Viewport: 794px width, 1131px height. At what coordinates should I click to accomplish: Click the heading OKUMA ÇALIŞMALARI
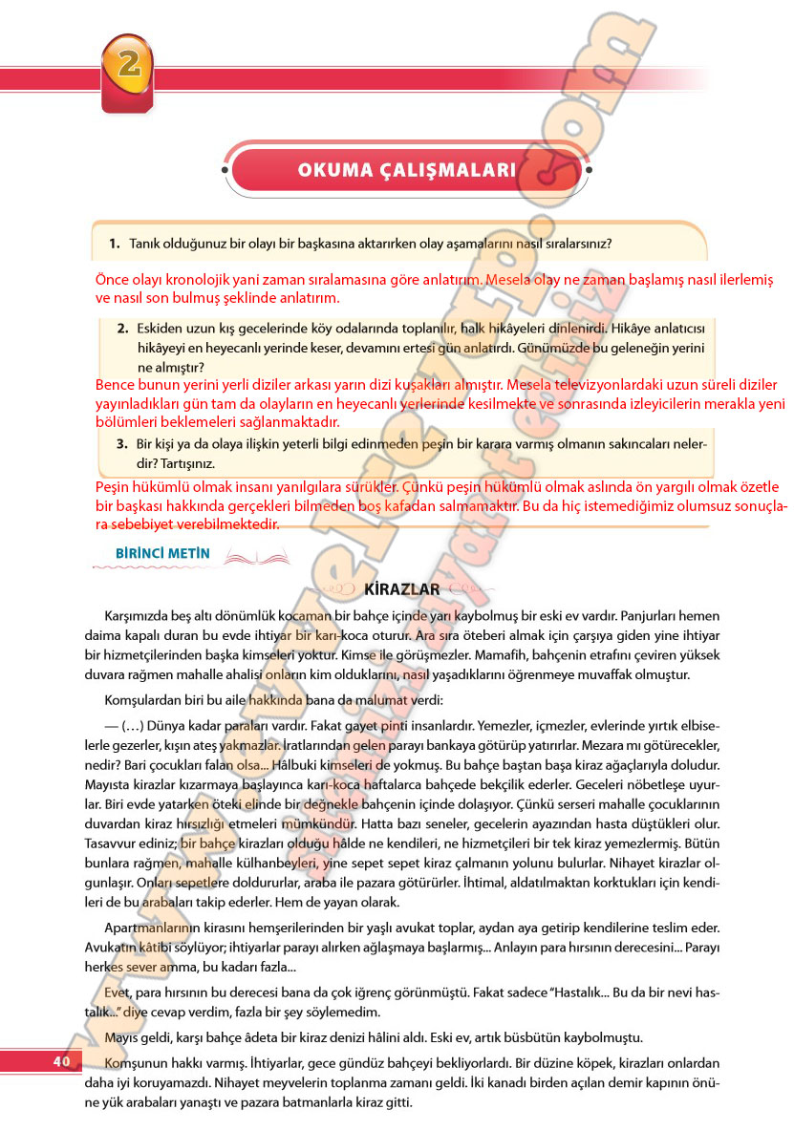[406, 170]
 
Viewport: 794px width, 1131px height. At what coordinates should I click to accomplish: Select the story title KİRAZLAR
[402, 589]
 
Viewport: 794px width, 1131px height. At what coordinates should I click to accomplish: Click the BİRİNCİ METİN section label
[156, 553]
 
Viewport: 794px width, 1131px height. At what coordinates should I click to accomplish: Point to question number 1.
[113, 244]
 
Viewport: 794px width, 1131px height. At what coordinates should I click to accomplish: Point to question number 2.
[122, 328]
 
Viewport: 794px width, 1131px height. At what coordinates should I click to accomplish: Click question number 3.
[122, 443]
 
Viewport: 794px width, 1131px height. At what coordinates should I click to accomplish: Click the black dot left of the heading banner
[226, 171]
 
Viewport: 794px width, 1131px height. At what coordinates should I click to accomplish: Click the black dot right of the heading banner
[587, 171]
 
